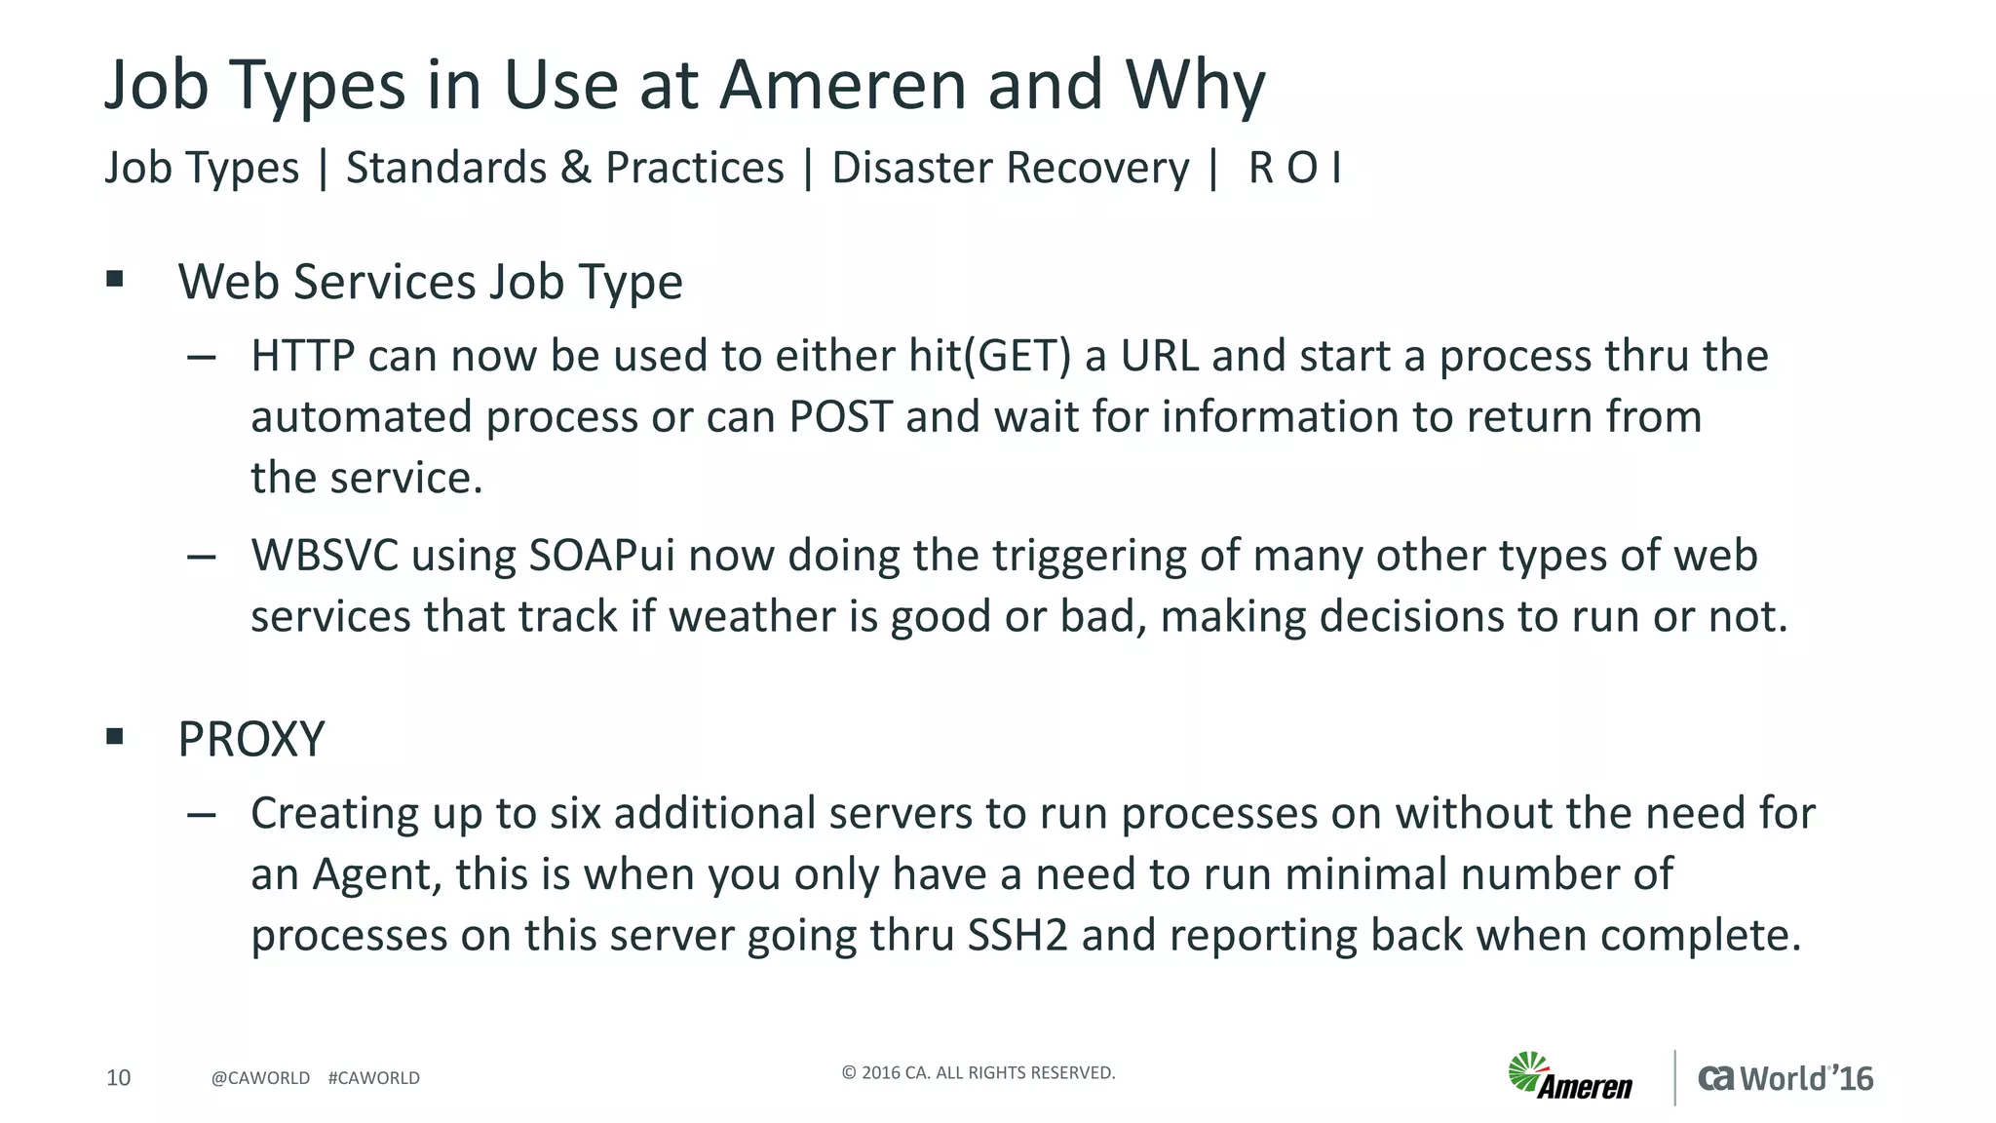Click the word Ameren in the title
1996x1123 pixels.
844,85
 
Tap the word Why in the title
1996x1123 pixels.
1195,85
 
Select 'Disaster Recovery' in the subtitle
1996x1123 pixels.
1010,168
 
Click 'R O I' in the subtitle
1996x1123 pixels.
1294,168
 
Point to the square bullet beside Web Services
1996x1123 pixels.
115,280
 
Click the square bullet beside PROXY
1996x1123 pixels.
115,736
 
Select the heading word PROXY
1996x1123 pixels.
250,739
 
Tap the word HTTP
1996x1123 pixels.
302,356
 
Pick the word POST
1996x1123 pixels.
840,417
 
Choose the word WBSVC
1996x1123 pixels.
325,556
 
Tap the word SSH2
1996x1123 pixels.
1017,936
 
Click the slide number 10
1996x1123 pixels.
118,1077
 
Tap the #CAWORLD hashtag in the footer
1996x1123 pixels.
374,1078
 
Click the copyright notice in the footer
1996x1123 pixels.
978,1073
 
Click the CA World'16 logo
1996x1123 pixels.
1785,1078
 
